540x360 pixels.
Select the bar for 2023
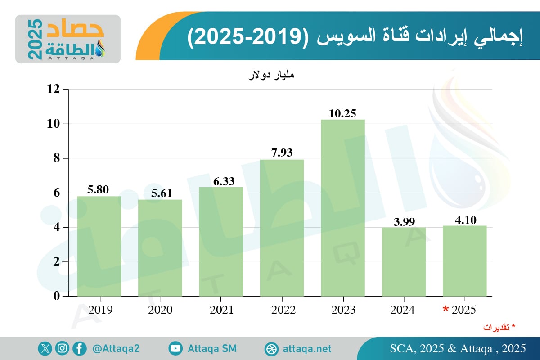tap(343, 207)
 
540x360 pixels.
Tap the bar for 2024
tap(404, 261)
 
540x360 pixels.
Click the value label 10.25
tap(343, 113)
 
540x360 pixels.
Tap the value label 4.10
tap(465, 220)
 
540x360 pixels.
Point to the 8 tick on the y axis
tap(56, 158)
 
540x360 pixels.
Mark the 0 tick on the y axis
tap(56, 296)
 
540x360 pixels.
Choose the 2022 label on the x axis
tap(282, 310)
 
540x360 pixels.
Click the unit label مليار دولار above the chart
tap(271, 75)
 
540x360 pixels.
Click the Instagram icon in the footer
tap(62, 348)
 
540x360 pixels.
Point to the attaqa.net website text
tap(307, 349)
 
